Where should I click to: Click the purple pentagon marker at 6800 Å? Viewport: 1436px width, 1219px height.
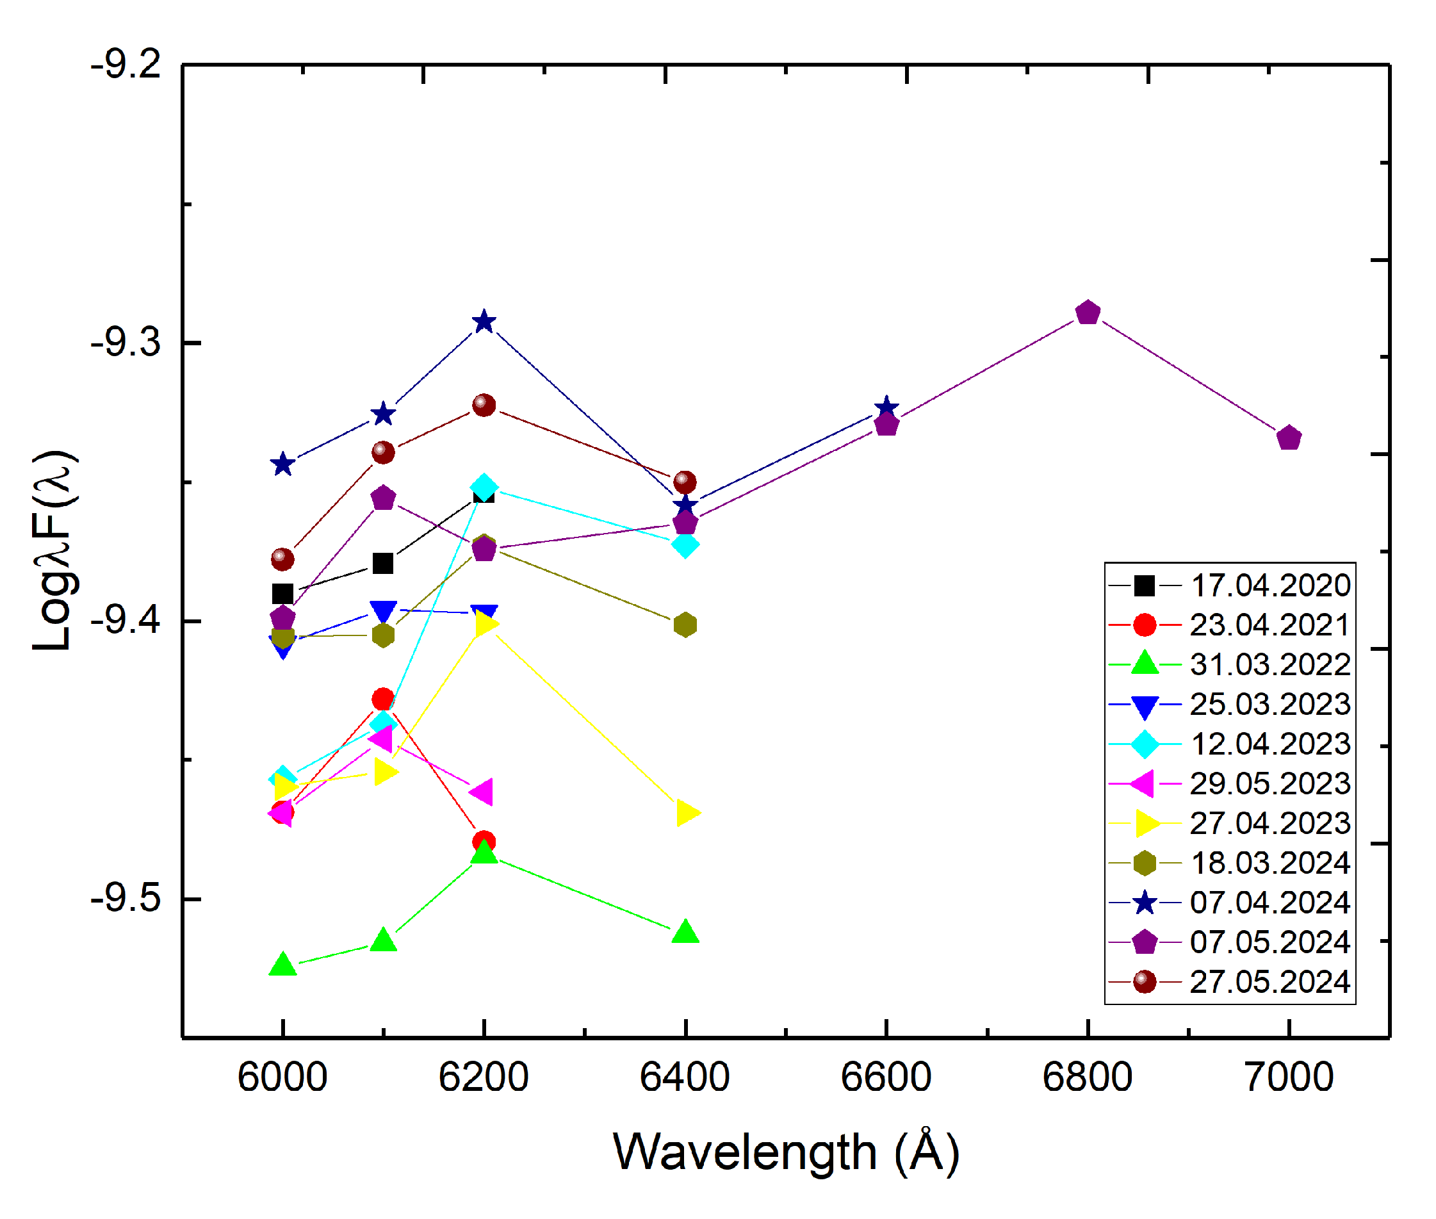tap(1088, 313)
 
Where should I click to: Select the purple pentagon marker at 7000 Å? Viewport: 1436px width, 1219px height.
tap(1289, 438)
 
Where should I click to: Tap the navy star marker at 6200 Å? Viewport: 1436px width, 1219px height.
tap(484, 322)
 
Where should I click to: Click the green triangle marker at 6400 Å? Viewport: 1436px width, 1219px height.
tap(685, 932)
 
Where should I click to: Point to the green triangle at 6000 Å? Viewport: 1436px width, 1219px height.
tap(282, 965)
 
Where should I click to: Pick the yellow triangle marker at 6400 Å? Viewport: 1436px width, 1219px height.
tap(687, 813)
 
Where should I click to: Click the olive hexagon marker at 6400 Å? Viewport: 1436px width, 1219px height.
tap(685, 625)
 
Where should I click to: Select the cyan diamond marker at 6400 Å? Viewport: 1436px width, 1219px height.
tap(685, 544)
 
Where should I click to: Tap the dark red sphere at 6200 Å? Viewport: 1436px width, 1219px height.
tap(484, 405)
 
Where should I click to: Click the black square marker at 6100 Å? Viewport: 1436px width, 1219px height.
tap(383, 563)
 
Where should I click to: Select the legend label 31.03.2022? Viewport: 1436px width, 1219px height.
tap(1269, 665)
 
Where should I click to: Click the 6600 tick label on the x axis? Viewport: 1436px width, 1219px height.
tap(885, 1077)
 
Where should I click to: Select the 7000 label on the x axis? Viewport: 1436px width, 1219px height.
tap(1288, 1077)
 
